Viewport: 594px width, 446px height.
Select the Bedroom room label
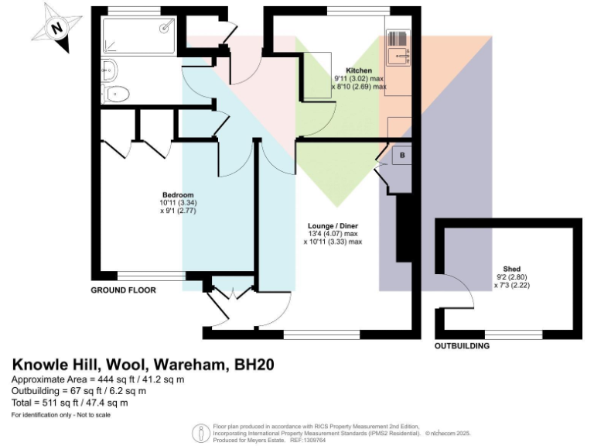[x=177, y=194]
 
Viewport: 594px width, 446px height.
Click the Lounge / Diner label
[x=333, y=226]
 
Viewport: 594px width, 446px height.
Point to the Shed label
[x=511, y=269]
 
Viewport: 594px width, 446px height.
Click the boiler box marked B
[x=402, y=155]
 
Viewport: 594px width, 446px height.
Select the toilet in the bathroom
[x=115, y=94]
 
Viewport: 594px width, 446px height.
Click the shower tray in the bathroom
[x=139, y=35]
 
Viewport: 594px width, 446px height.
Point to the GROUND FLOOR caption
[x=124, y=290]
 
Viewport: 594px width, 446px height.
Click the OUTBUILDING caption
[x=462, y=346]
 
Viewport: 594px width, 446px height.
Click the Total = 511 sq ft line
[x=70, y=403]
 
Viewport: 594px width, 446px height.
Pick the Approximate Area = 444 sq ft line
[x=97, y=379]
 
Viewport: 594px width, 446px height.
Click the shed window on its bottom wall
[x=513, y=334]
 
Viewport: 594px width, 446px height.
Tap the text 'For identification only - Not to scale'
[x=61, y=416]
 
